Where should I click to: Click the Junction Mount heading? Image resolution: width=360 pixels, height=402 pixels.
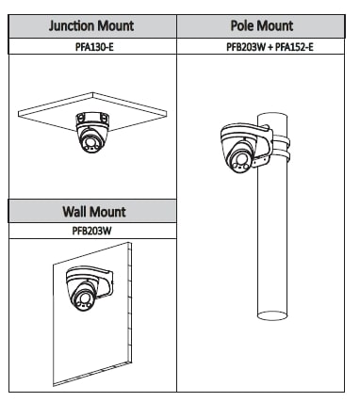tap(91, 26)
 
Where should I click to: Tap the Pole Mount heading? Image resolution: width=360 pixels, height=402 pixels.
tap(262, 25)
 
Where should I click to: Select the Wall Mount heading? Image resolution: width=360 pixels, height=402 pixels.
tap(94, 212)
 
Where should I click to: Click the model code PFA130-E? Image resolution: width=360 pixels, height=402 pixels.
tap(94, 47)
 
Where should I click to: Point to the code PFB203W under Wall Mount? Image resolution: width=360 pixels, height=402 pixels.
tap(91, 231)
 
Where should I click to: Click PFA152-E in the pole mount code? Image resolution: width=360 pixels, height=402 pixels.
tap(294, 47)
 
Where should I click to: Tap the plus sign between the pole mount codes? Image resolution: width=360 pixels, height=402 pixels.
tap(270, 47)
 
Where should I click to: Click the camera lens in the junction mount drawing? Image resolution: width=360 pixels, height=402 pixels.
tap(89, 139)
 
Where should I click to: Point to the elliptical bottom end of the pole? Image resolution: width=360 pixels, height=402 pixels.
tap(272, 315)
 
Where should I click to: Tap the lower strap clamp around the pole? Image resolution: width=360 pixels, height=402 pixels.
tap(281, 155)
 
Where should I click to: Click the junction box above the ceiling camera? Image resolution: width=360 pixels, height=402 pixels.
tap(92, 120)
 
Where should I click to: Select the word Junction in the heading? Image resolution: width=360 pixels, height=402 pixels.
tap(72, 26)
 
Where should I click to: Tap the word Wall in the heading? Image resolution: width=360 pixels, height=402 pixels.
tap(74, 212)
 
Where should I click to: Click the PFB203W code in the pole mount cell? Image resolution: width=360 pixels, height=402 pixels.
tap(246, 47)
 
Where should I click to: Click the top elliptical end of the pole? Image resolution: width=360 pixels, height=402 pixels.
tap(272, 117)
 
